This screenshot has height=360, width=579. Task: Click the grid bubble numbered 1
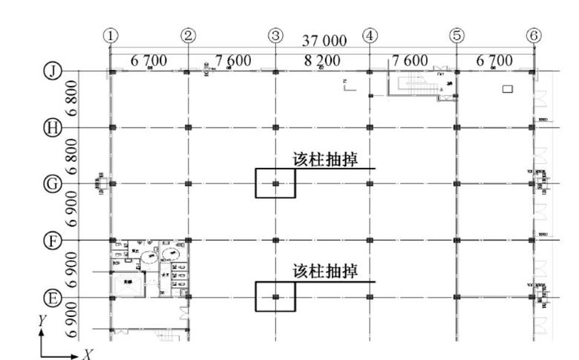click(x=111, y=35)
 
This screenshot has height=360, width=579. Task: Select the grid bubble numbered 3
click(x=275, y=35)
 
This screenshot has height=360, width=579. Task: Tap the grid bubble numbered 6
click(x=533, y=35)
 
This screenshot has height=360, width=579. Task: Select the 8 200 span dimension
click(x=321, y=59)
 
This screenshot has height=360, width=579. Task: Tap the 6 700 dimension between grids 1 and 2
click(x=148, y=59)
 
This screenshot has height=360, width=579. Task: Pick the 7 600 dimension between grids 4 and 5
click(x=410, y=59)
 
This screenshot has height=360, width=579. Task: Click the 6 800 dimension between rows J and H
click(x=72, y=99)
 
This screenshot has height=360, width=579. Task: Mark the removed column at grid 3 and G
click(x=275, y=183)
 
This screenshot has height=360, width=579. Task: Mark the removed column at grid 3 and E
click(x=275, y=297)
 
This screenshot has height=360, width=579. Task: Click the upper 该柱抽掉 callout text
click(x=324, y=160)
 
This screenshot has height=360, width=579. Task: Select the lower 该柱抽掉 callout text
click(x=324, y=272)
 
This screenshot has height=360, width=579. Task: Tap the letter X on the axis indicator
click(x=87, y=355)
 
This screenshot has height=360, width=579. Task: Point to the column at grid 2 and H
click(x=189, y=128)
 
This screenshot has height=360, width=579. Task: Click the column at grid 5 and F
click(x=457, y=240)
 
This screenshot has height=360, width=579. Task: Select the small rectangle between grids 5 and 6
click(x=508, y=90)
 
